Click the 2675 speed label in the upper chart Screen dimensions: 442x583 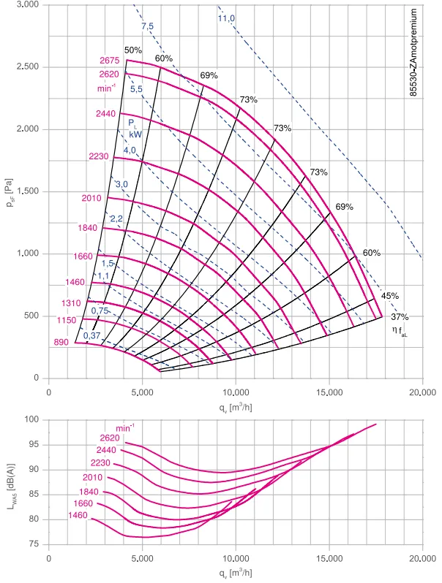click(110, 60)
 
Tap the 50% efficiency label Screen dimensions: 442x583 click(133, 50)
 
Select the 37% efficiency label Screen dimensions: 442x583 click(400, 317)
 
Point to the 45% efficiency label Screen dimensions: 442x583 click(390, 296)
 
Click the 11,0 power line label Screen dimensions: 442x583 click(226, 18)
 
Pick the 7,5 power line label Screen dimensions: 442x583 click(147, 26)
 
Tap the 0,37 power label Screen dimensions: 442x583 click(91, 335)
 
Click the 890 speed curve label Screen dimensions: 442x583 click(61, 342)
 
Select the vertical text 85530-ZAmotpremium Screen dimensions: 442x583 click(413, 53)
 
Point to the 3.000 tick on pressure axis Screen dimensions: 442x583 click(28, 5)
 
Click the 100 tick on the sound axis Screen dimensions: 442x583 click(31, 419)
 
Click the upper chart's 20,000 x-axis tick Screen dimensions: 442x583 click(422, 392)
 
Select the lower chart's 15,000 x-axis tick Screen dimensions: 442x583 click(329, 559)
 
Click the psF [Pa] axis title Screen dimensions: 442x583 click(10, 193)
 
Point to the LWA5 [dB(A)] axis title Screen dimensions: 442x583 click(12, 487)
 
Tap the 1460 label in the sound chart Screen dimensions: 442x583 click(78, 515)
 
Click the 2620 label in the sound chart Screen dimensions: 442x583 click(110, 438)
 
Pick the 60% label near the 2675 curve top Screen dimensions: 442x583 click(164, 58)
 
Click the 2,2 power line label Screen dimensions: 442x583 click(116, 218)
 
